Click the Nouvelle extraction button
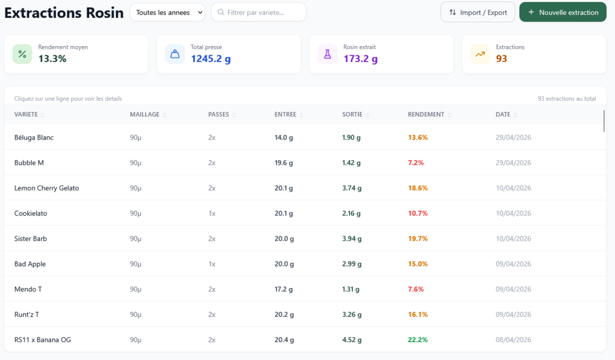tap(563, 12)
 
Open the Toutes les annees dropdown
tap(167, 12)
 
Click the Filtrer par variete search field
tap(258, 12)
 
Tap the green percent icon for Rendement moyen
tap(22, 54)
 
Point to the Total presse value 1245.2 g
tap(210, 59)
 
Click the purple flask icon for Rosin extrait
tap(328, 54)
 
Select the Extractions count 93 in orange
tap(501, 59)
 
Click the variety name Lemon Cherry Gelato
tap(47, 188)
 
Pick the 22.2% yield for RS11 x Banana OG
tap(418, 340)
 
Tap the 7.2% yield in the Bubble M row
tap(416, 163)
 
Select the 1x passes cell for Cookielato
tap(212, 214)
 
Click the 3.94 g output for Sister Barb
tap(352, 239)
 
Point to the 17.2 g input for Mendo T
tap(284, 289)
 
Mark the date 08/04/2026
tap(514, 340)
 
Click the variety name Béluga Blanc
tap(34, 137)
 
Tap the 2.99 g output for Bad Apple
tap(352, 264)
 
